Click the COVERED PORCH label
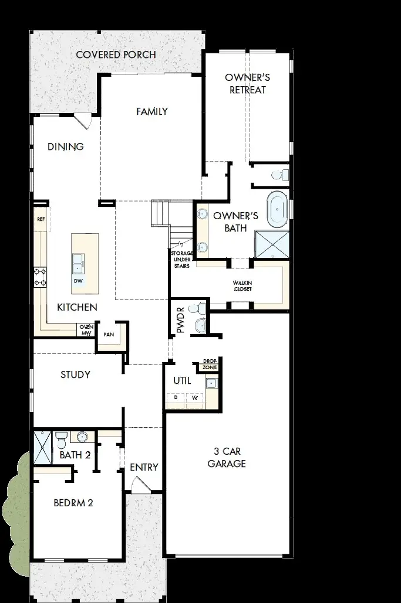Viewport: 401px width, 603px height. pyautogui.click(x=116, y=55)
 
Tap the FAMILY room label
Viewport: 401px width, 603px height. pyautogui.click(x=152, y=111)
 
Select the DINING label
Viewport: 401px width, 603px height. pyautogui.click(x=66, y=147)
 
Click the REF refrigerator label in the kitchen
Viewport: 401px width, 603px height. pyautogui.click(x=41, y=219)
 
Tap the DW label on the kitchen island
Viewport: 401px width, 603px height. pyautogui.click(x=78, y=281)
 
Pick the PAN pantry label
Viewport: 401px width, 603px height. pyautogui.click(x=108, y=335)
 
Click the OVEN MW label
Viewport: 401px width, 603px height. pyautogui.click(x=86, y=331)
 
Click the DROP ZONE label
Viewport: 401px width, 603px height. pyautogui.click(x=210, y=364)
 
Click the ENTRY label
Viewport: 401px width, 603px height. pyautogui.click(x=144, y=467)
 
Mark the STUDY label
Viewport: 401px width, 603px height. pyautogui.click(x=75, y=374)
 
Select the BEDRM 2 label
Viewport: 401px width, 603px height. pyautogui.click(x=73, y=502)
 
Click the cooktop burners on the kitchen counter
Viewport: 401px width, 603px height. pyautogui.click(x=40, y=277)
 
